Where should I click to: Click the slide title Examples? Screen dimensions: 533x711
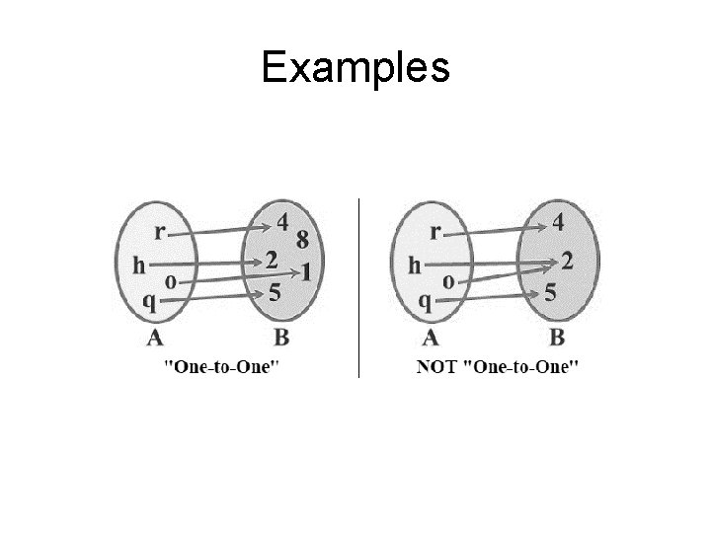pyautogui.click(x=355, y=68)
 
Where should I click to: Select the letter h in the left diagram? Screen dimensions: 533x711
pyautogui.click(x=140, y=265)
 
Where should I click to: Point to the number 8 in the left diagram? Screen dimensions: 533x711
pyautogui.click(x=301, y=240)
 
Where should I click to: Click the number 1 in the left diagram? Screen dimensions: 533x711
pyautogui.click(x=306, y=270)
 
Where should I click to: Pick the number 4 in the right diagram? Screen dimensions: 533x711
pyautogui.click(x=558, y=224)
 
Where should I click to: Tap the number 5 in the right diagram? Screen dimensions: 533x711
pyautogui.click(x=551, y=293)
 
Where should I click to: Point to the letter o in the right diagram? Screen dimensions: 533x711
pyautogui.click(x=447, y=281)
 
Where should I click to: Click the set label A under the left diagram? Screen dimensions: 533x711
pyautogui.click(x=155, y=339)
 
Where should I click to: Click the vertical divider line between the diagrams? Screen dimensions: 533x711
pyautogui.click(x=358, y=286)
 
